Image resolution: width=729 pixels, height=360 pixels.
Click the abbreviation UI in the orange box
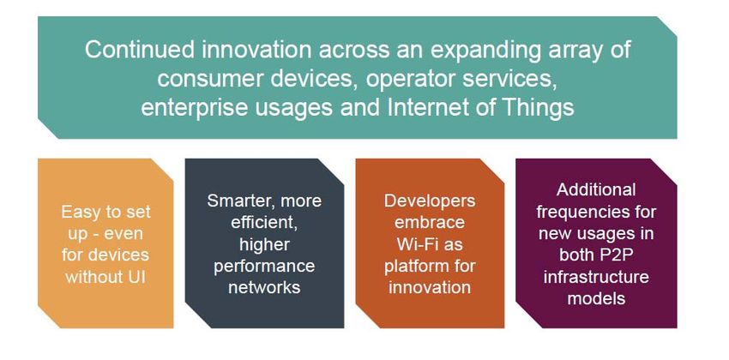136,278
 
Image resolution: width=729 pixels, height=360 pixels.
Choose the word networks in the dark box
264,287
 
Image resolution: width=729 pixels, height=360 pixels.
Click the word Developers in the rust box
430,201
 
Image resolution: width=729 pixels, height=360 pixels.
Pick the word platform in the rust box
413,267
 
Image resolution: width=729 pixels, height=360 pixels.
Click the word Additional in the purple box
596,189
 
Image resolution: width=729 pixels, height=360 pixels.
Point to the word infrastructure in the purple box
596,277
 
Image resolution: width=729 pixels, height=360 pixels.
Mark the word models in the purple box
596,298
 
